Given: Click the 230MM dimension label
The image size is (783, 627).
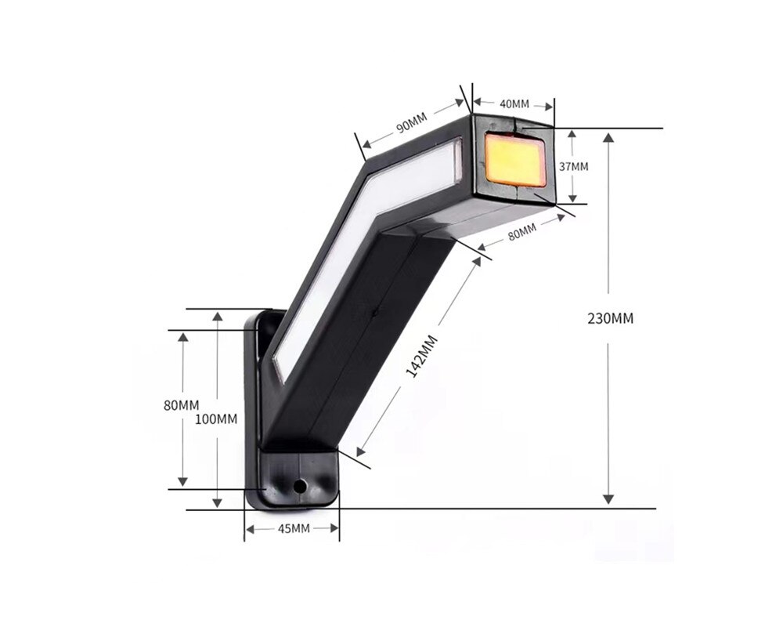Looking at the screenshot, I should [x=610, y=318].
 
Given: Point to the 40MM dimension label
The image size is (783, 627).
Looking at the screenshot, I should [x=514, y=103].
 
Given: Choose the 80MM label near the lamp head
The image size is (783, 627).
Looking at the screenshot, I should [x=521, y=232].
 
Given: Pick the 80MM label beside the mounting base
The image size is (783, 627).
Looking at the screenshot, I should [x=182, y=405].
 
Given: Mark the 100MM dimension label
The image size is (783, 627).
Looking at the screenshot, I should [x=216, y=419].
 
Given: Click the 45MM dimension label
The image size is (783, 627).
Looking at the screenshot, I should [x=293, y=529].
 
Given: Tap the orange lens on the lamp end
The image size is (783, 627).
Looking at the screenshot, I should [x=515, y=160].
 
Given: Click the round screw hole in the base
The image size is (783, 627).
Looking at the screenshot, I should [x=299, y=486].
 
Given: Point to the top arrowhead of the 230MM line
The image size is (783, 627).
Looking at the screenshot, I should [x=609, y=137].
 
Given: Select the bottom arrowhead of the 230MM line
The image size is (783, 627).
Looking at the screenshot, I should [x=609, y=499].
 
